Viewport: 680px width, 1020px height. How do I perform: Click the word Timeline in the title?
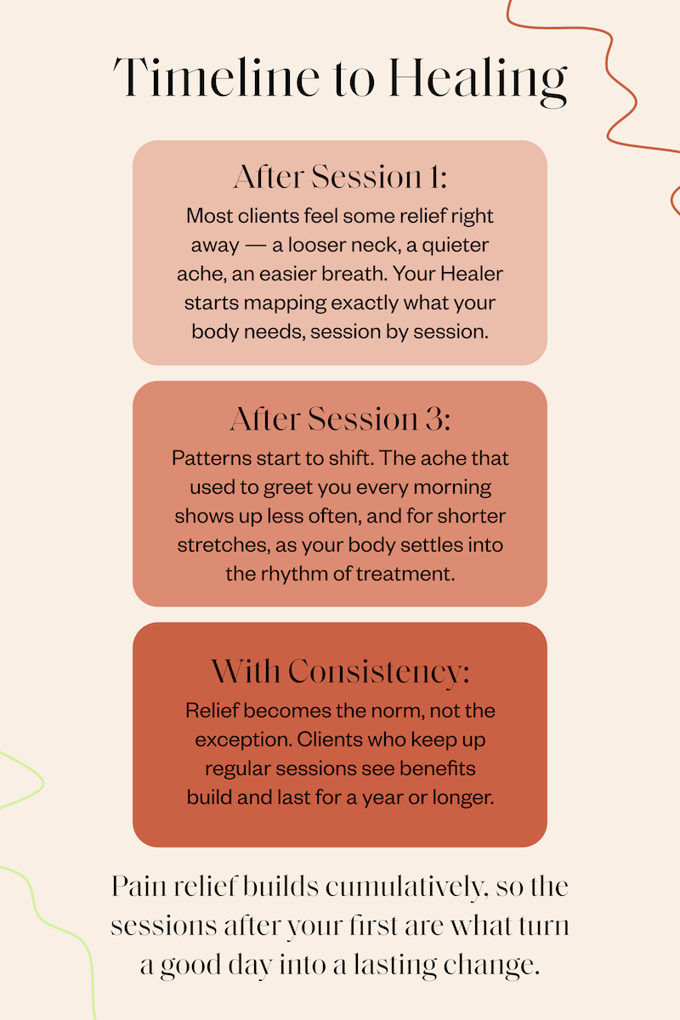click(216, 77)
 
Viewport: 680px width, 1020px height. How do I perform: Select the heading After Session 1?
click(340, 177)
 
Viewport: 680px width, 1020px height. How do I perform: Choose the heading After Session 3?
click(340, 419)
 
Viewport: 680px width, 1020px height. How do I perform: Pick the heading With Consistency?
click(340, 672)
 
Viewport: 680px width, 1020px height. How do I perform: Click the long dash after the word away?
click(256, 246)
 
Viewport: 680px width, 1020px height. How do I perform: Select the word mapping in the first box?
click(285, 303)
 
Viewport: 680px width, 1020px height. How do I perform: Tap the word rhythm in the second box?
click(294, 574)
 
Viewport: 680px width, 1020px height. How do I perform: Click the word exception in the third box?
click(243, 740)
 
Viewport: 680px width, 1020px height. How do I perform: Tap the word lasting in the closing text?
click(395, 966)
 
